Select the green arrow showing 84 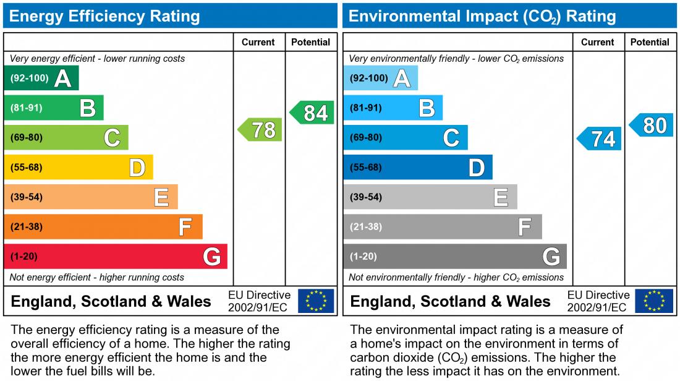(313, 113)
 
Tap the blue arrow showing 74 (600, 139)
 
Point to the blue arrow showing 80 (652, 125)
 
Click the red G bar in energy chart (116, 256)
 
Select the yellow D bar (79, 167)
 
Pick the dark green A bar (41, 78)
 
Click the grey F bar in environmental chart (443, 226)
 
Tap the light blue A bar (381, 78)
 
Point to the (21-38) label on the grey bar (366, 227)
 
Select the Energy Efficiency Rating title (104, 16)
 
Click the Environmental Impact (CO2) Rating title (482, 16)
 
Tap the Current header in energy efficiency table (258, 42)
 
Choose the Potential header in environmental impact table (650, 42)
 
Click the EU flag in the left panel (316, 301)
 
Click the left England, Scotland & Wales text (111, 302)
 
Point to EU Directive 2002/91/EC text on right (598, 301)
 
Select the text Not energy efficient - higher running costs (97, 277)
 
